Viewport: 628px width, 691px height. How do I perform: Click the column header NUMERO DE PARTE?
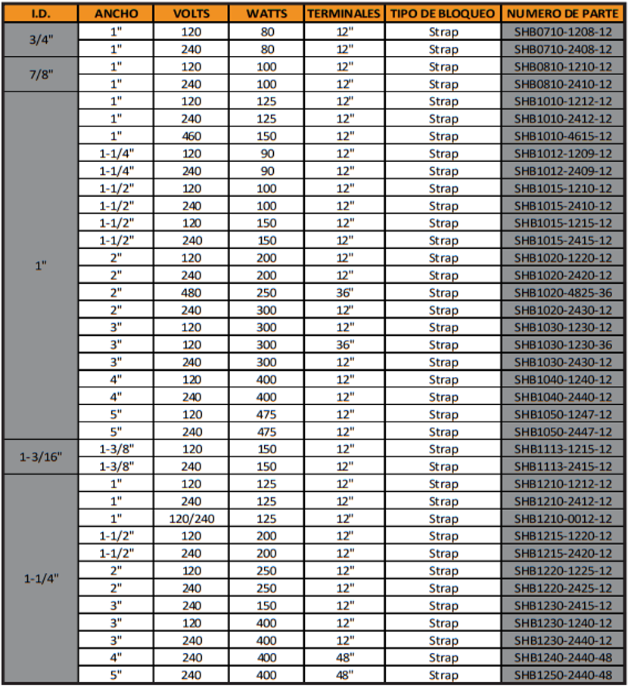[x=563, y=14]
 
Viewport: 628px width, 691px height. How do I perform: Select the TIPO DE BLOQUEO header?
[x=443, y=14]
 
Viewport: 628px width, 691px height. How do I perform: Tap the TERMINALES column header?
[x=344, y=14]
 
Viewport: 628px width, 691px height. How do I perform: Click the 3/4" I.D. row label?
[x=41, y=40]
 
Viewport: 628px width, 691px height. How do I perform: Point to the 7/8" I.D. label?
[x=41, y=75]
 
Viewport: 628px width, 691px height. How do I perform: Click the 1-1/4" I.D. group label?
[x=41, y=580]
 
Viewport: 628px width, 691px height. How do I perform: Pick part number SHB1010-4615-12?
[x=563, y=136]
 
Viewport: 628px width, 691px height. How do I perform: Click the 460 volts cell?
[x=191, y=136]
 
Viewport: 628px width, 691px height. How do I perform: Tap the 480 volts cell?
[x=191, y=293]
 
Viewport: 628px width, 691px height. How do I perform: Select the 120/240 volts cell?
[x=191, y=519]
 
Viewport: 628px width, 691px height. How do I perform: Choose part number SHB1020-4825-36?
[x=563, y=293]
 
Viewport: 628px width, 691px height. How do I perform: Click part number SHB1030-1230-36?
[x=563, y=345]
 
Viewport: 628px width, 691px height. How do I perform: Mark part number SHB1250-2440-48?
[x=563, y=676]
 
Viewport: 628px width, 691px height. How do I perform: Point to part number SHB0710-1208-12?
[x=563, y=32]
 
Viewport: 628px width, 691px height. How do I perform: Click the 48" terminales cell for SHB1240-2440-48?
[x=344, y=658]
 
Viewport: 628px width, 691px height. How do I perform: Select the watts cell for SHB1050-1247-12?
[x=267, y=415]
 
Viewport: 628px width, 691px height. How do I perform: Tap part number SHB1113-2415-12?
[x=563, y=467]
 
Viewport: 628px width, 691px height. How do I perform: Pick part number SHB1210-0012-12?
[x=563, y=519]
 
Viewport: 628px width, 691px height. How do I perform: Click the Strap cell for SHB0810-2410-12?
[x=443, y=84]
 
